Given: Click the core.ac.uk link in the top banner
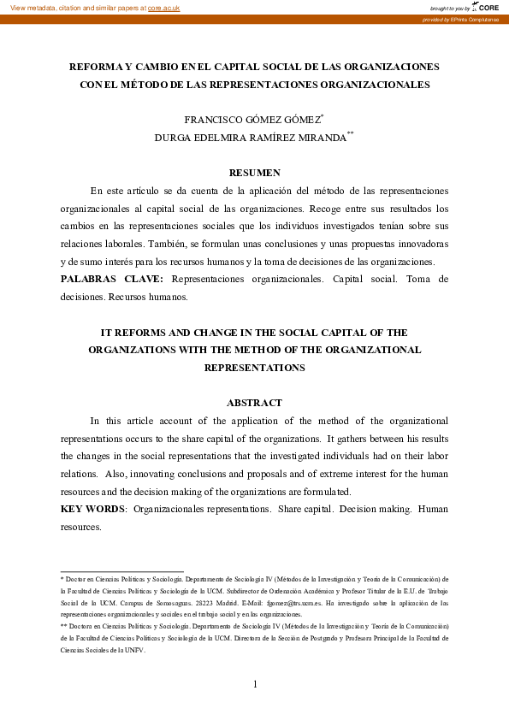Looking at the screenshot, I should pyautogui.click(x=163, y=8).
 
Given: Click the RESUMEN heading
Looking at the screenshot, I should pyautogui.click(x=254, y=173).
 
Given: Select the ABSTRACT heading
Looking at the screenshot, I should pyautogui.click(x=254, y=403).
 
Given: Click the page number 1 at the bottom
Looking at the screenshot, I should pyautogui.click(x=254, y=683).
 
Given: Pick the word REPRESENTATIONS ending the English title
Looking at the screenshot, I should pyautogui.click(x=254, y=368).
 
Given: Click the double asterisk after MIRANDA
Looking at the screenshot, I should pyautogui.click(x=350, y=133).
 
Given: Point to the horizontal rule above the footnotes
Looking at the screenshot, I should pyautogui.click(x=121, y=570).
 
